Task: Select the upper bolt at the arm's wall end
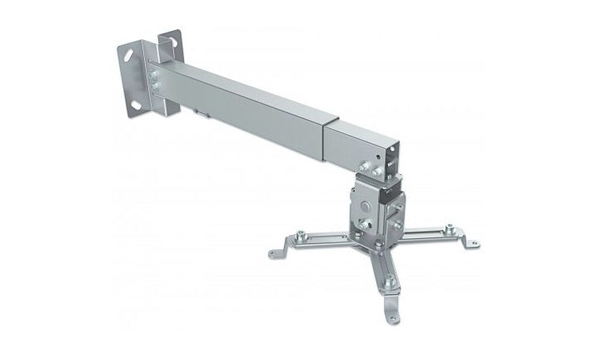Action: [155, 74]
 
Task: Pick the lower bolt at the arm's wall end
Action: [156, 86]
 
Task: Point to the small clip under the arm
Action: [201, 112]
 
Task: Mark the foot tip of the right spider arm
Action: [475, 243]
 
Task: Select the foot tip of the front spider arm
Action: [394, 319]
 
